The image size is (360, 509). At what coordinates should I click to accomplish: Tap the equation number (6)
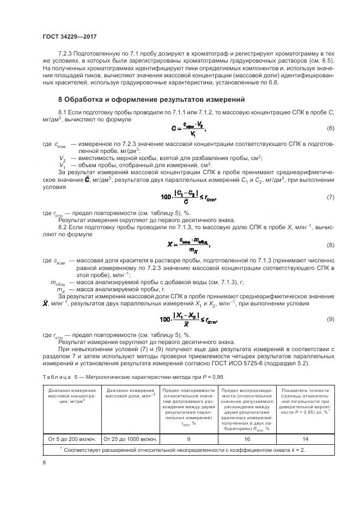pos(330,128)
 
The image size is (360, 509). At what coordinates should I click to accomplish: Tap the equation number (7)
pos(330,197)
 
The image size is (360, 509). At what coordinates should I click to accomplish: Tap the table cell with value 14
pos(304,439)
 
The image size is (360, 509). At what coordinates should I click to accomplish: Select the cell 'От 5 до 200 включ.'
pos(71,439)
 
